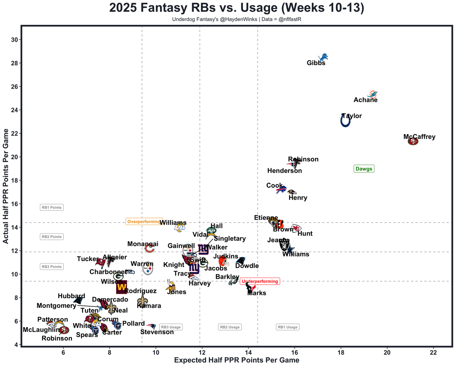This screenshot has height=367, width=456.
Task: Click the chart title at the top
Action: click(237, 8)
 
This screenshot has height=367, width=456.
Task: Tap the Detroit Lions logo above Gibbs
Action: click(323, 57)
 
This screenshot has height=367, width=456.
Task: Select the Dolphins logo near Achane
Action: click(372, 95)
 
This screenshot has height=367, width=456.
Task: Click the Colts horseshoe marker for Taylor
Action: click(345, 121)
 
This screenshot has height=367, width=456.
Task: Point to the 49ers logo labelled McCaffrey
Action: click(413, 142)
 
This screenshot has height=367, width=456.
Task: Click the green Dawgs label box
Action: click(364, 169)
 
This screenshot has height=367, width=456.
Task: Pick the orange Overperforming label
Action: click(144, 222)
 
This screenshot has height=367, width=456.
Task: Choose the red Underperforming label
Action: click(260, 281)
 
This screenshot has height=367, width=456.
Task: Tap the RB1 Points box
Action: click(52, 208)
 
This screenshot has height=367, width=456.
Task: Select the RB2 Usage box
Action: click(230, 327)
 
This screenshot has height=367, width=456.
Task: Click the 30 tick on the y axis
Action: click(15, 40)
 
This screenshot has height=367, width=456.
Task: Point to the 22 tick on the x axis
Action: click(433, 353)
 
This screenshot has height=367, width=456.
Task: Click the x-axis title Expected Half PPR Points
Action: click(237, 360)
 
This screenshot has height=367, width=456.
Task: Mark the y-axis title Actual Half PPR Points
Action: click(6, 186)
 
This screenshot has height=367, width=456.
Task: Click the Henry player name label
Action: click(298, 198)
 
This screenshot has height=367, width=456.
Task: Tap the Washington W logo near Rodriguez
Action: click(121, 287)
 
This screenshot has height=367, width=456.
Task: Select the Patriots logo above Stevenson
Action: click(151, 326)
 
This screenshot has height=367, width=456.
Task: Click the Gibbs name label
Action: click(316, 63)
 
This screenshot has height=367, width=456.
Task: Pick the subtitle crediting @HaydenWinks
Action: click(237, 19)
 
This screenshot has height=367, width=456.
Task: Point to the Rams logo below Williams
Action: click(180, 227)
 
